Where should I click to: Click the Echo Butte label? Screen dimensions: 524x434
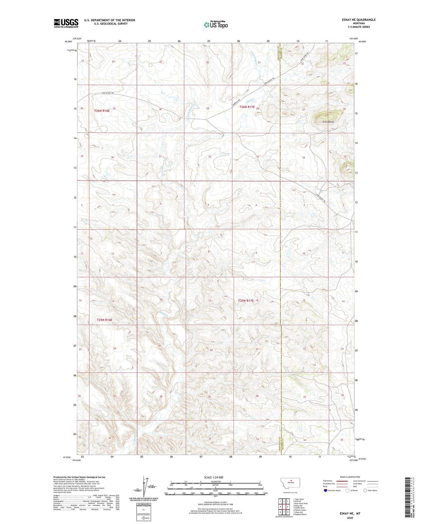point(328,122)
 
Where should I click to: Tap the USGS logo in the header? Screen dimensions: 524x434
point(66,23)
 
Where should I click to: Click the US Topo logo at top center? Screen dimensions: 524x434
point(215,24)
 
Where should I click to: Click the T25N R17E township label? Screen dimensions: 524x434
point(246,300)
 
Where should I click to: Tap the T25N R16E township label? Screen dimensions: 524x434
point(105,320)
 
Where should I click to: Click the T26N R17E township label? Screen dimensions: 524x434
point(247,107)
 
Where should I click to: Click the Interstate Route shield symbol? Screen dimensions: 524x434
point(326,490)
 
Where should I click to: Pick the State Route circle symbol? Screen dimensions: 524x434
point(365,490)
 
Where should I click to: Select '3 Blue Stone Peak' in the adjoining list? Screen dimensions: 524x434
point(301,504)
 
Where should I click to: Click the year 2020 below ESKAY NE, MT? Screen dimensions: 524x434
point(350,518)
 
